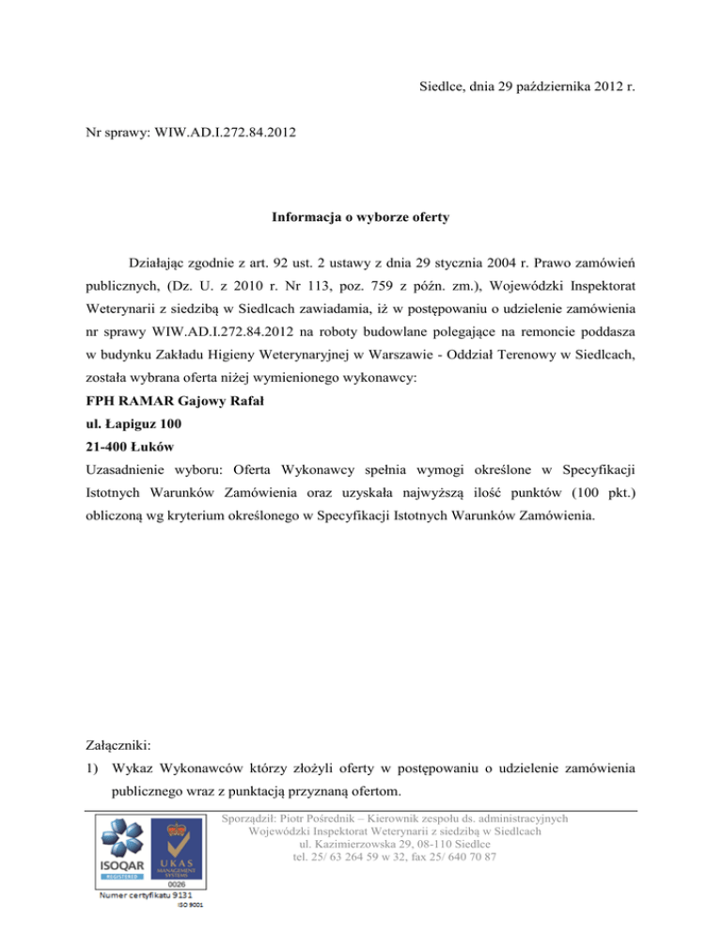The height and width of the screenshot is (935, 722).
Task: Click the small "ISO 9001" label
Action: (x=191, y=908)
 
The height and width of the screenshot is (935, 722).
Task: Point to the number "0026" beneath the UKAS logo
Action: (x=178, y=884)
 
